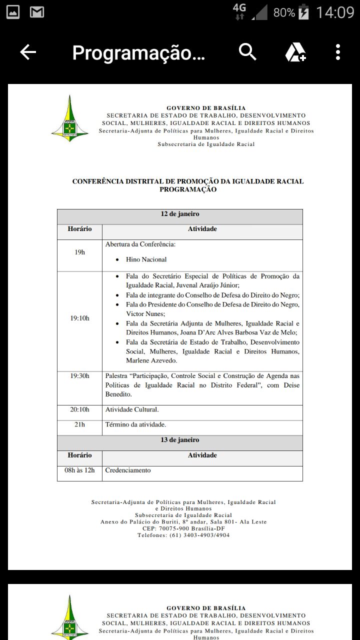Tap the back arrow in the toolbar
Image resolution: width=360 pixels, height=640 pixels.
(x=28, y=52)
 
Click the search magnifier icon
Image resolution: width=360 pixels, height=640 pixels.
(x=247, y=51)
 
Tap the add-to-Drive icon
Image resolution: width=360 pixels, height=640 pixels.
(x=295, y=52)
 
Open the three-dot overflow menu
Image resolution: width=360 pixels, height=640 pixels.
(x=338, y=52)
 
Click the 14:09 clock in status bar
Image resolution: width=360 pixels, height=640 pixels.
(x=335, y=12)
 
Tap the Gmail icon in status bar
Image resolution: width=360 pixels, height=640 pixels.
(x=36, y=12)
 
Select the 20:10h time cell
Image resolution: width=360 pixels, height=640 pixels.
(x=79, y=409)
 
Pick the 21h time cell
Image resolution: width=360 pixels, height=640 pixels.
(x=79, y=424)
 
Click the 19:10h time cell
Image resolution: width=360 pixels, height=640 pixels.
(x=79, y=318)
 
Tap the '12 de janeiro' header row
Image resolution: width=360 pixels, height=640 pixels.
(x=180, y=214)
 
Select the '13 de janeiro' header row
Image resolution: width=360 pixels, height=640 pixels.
(x=180, y=440)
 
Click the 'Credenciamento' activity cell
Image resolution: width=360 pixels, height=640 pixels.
(x=128, y=470)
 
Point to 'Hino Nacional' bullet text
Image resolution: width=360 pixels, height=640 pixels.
(x=146, y=259)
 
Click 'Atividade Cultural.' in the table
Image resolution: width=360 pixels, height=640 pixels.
(x=132, y=409)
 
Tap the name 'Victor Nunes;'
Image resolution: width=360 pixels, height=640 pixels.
(x=145, y=314)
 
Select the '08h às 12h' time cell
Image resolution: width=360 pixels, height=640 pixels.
(x=79, y=470)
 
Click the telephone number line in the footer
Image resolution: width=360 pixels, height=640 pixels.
(x=183, y=535)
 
